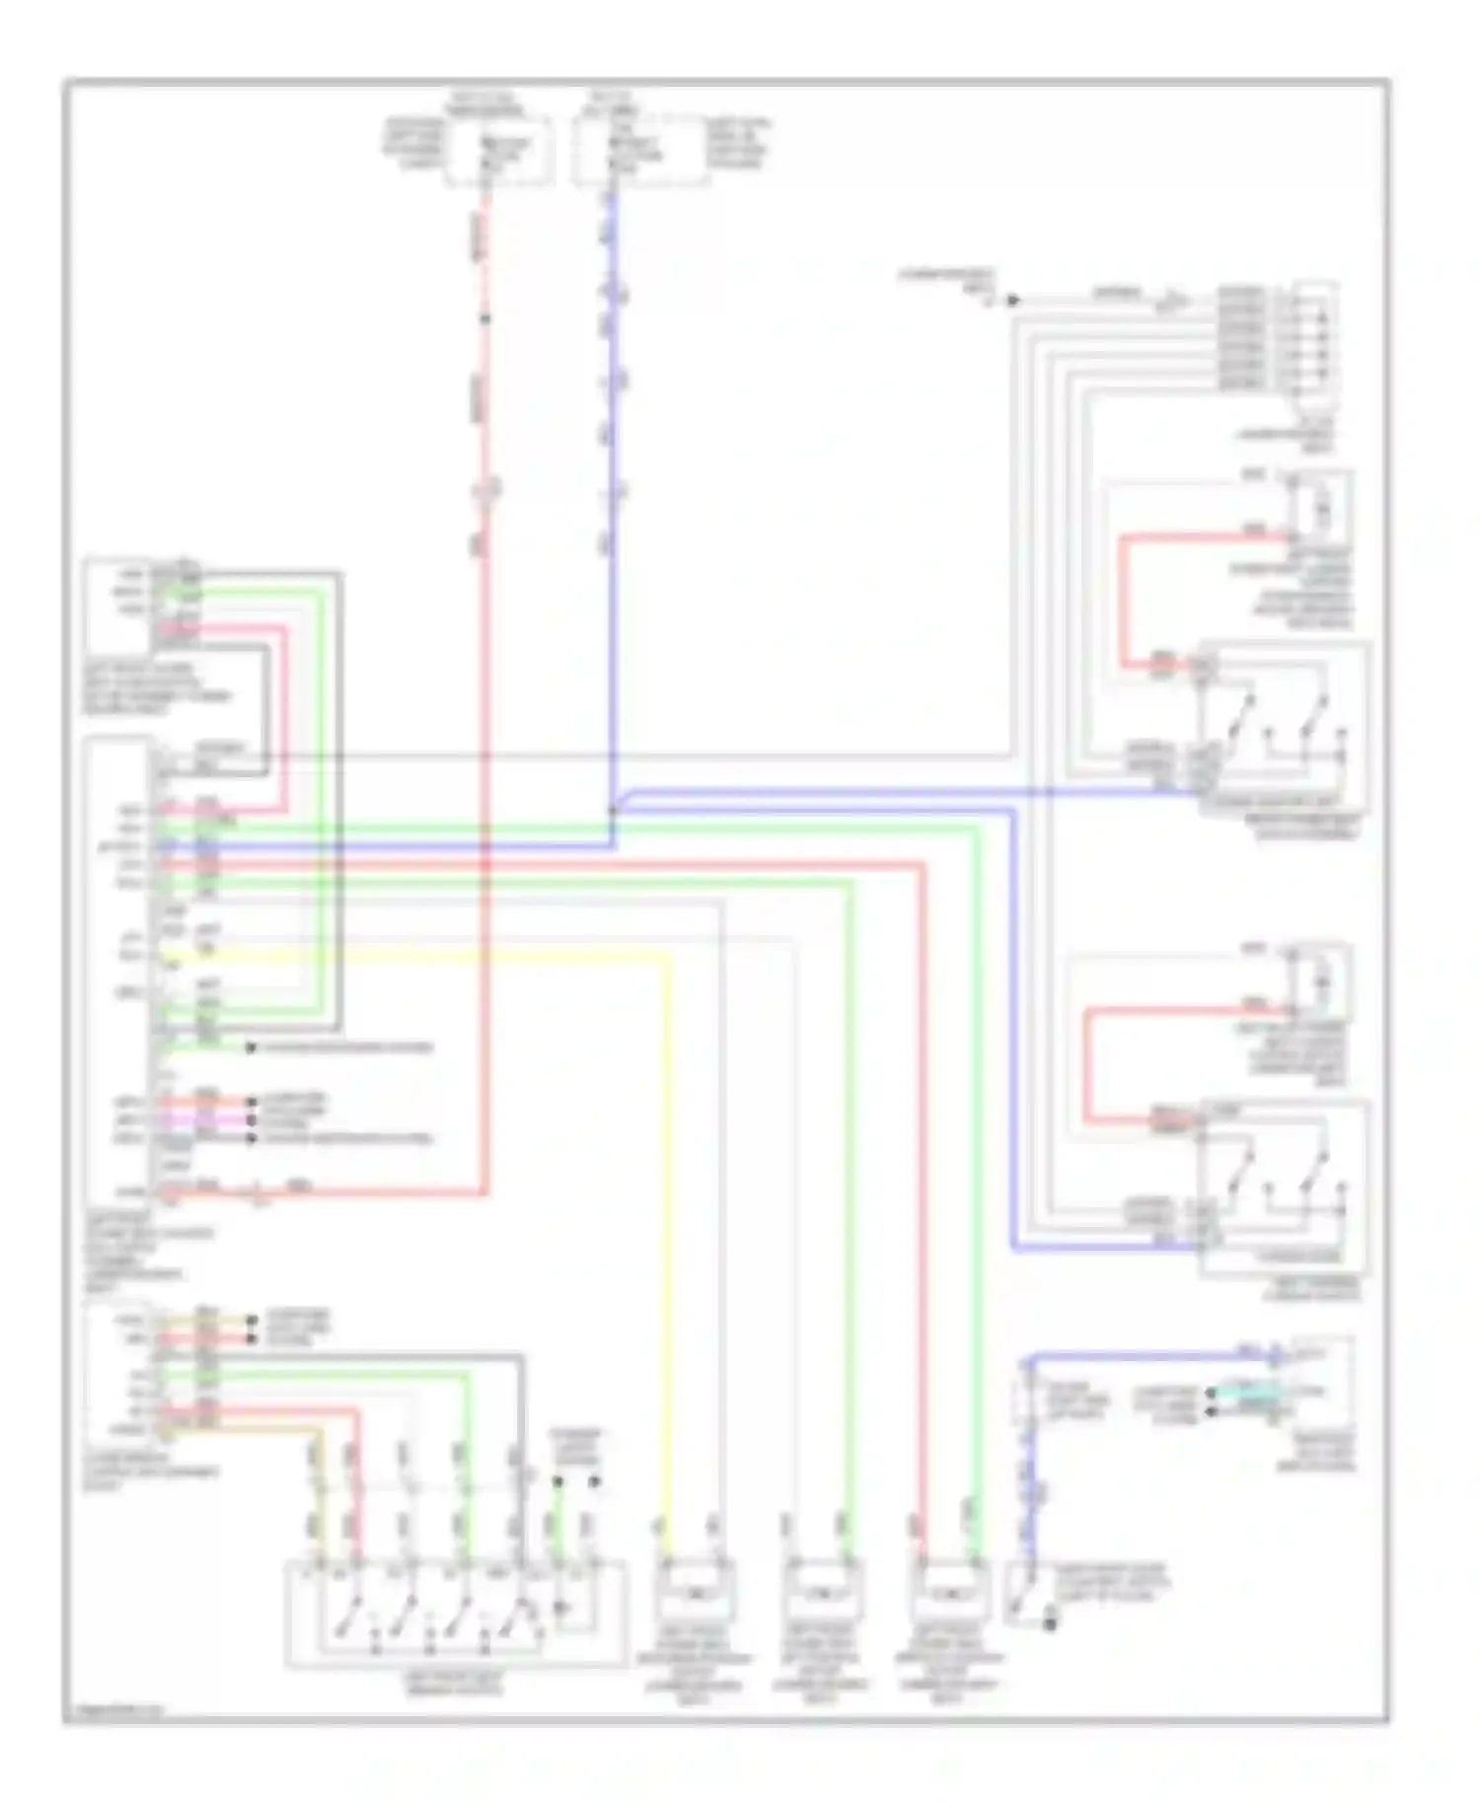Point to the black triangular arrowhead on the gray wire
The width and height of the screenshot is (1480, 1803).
coord(1013,300)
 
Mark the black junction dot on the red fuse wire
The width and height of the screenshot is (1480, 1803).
coord(483,319)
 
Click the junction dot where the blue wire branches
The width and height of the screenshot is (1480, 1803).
coord(613,811)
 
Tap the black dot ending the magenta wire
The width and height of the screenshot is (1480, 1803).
coord(251,1122)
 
